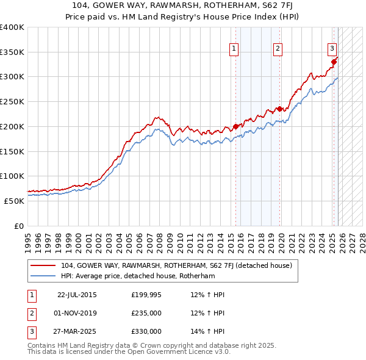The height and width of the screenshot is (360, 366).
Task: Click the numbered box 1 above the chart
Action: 234,49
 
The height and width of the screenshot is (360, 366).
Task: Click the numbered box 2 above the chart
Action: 278,49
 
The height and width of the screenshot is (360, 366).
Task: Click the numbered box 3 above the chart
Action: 332,49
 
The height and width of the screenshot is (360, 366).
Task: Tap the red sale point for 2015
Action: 235,126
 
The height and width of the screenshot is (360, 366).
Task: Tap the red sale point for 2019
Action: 280,109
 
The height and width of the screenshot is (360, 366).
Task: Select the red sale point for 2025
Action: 334,62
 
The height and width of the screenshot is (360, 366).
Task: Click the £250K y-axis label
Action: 12,102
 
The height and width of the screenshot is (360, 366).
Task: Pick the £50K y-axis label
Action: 14,201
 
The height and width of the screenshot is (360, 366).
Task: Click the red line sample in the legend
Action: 43,265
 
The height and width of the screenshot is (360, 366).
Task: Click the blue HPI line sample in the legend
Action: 43,276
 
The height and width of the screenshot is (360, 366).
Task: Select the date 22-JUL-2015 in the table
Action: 77,295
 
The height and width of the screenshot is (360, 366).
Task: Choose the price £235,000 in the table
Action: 146,313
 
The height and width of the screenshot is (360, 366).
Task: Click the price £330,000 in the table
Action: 146,331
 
